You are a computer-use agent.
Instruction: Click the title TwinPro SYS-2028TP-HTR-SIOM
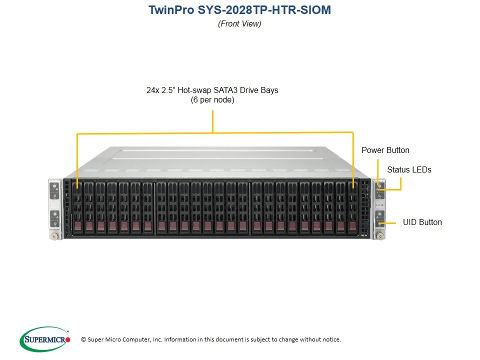[x=239, y=10]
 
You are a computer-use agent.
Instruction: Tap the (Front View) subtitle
[x=239, y=23]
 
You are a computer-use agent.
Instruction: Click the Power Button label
[x=385, y=150]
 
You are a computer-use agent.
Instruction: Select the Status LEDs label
[x=409, y=169]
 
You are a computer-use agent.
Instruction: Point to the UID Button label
[x=422, y=222]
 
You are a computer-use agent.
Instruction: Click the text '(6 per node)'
[x=212, y=100]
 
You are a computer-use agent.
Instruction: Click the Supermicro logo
[x=45, y=339]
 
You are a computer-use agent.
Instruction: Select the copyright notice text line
[x=211, y=339]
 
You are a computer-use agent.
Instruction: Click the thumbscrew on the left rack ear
[x=55, y=236]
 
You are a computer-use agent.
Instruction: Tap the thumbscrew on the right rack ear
[x=380, y=236]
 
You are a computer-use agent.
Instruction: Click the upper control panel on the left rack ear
[x=54, y=191]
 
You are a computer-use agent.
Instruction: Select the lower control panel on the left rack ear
[x=55, y=218]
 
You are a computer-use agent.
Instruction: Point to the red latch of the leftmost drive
[x=78, y=226]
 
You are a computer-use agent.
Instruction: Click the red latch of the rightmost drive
[x=353, y=226]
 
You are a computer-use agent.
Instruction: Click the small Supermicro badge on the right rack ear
[x=379, y=204]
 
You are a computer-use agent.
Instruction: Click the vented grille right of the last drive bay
[x=364, y=207]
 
